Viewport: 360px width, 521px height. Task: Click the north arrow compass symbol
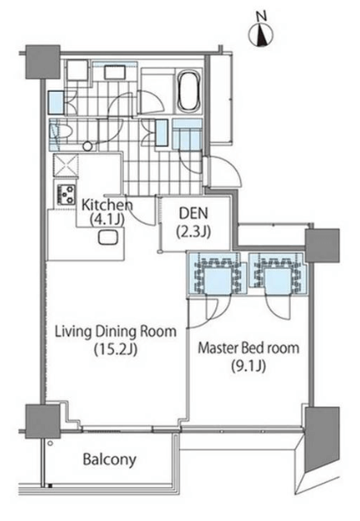point(261,35)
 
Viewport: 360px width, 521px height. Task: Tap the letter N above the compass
point(262,16)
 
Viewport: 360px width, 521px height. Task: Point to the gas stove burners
point(66,195)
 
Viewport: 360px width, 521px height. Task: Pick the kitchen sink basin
point(108,238)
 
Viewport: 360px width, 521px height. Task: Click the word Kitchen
point(107,205)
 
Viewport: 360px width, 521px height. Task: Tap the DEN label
point(193,213)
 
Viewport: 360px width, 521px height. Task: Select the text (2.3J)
point(193,231)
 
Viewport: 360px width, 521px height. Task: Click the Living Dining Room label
point(115,332)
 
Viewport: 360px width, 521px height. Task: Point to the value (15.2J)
point(115,349)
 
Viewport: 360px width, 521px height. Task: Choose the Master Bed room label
point(249,348)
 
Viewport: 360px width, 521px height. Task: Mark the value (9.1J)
point(249,367)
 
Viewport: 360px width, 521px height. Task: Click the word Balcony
point(109,459)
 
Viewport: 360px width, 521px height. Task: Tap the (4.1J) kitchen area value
point(107,219)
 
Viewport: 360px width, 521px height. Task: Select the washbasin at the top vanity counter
point(115,72)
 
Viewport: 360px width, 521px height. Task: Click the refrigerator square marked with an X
point(66,165)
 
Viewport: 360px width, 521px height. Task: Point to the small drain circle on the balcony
point(50,443)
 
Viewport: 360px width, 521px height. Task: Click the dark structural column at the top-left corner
point(43,62)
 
